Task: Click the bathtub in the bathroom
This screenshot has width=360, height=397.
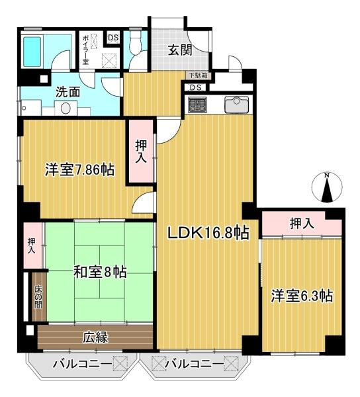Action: [x=32, y=52]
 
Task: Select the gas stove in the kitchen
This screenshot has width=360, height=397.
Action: [x=198, y=105]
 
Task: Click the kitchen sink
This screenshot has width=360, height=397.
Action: [x=236, y=105]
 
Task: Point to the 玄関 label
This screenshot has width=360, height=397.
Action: [x=180, y=50]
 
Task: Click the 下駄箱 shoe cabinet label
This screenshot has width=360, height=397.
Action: [x=199, y=75]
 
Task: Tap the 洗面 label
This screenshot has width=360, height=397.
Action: [x=67, y=92]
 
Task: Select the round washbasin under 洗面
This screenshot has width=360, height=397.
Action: [x=66, y=109]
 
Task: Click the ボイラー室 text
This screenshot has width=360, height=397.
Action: [x=86, y=50]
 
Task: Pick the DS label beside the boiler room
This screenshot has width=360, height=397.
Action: [x=113, y=38]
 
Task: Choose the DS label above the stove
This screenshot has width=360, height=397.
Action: [x=196, y=87]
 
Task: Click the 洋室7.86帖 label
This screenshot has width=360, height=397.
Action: [x=80, y=170]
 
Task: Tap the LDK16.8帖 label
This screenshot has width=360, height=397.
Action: [x=208, y=233]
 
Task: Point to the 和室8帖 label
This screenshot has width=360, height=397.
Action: [x=100, y=272]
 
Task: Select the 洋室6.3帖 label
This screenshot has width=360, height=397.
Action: [x=302, y=296]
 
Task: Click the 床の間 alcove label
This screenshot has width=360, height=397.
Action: [x=38, y=296]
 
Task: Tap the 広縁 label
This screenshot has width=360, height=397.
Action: [x=96, y=337]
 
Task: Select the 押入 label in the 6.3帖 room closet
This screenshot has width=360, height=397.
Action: [x=302, y=224]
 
